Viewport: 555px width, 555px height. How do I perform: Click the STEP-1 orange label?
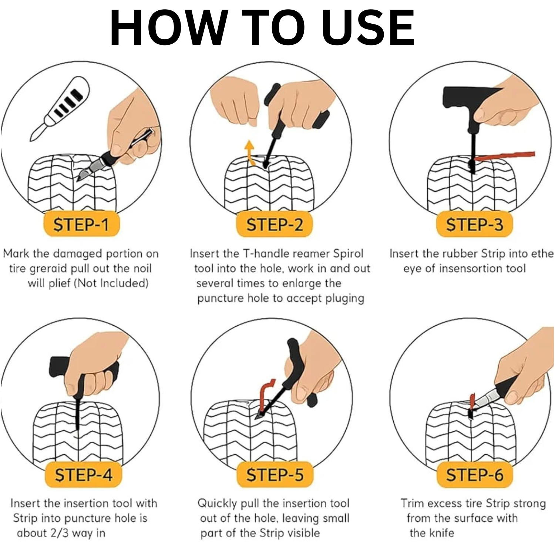[x=81, y=224]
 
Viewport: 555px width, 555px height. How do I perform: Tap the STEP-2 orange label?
[x=275, y=224]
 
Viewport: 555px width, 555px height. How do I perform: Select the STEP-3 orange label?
[x=474, y=224]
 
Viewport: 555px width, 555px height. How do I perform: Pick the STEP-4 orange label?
[x=84, y=474]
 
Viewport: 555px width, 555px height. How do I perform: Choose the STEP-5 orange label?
[x=275, y=474]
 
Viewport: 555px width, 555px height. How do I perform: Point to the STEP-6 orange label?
[x=475, y=474]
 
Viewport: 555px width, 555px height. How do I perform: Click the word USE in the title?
[x=368, y=28]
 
